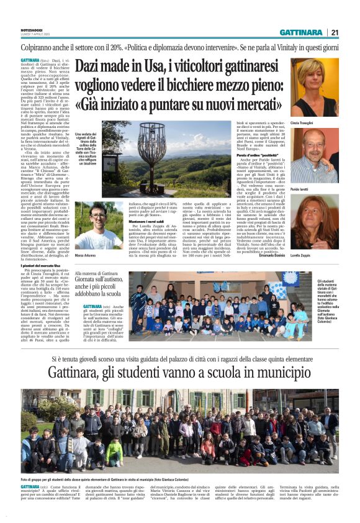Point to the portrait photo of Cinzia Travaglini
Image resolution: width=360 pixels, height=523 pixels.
(314, 86)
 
